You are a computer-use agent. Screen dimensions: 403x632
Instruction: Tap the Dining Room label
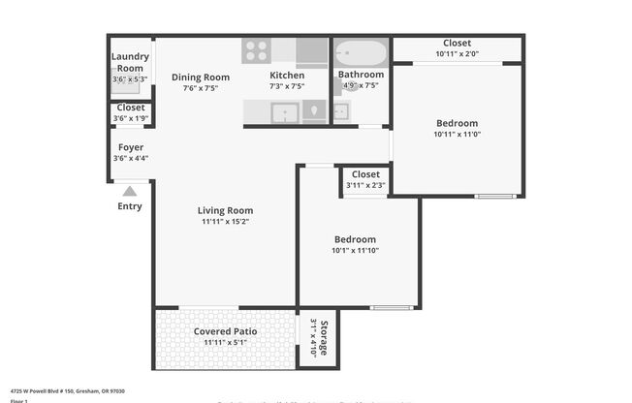pyautogui.click(x=201, y=77)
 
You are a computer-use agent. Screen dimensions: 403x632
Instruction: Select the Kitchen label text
pyautogui.click(x=287, y=76)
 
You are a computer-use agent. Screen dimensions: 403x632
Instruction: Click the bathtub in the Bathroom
pyautogui.click(x=361, y=52)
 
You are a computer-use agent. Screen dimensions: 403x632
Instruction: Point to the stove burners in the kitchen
pyautogui.click(x=256, y=50)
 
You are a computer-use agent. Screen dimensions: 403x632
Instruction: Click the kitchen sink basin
pyautogui.click(x=284, y=113)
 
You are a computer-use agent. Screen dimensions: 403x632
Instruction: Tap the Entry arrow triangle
pyautogui.click(x=130, y=191)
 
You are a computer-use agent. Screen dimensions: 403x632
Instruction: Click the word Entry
pyautogui.click(x=130, y=206)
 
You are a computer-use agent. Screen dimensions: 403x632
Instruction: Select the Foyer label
pyautogui.click(x=130, y=147)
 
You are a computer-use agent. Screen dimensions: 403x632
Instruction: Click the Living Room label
pyautogui.click(x=225, y=210)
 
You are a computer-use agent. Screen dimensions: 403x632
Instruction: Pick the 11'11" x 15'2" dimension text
pyautogui.click(x=225, y=222)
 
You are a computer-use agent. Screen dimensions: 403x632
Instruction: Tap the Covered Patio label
pyautogui.click(x=225, y=332)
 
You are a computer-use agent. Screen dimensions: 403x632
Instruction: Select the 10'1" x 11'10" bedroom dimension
pyautogui.click(x=355, y=250)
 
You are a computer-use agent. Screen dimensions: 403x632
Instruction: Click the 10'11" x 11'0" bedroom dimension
pyautogui.click(x=457, y=134)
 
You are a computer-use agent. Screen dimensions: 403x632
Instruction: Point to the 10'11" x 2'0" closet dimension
pyautogui.click(x=457, y=54)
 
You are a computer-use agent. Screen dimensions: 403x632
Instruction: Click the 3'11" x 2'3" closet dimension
pyautogui.click(x=365, y=185)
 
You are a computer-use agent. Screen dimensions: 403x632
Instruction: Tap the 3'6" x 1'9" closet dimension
pyautogui.click(x=130, y=118)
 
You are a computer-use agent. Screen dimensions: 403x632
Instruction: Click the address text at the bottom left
pyautogui.click(x=53, y=391)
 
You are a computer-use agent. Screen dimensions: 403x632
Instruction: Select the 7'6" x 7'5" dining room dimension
pyautogui.click(x=201, y=88)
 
